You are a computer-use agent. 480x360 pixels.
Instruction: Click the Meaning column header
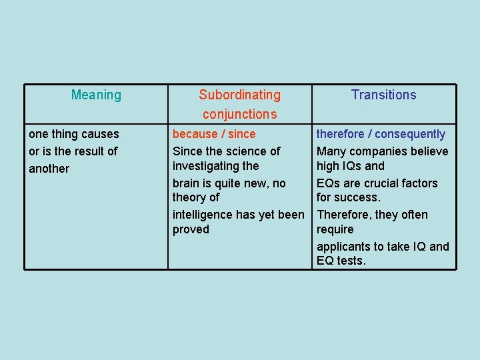(96, 95)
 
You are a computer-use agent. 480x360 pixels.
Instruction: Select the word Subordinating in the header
(240, 95)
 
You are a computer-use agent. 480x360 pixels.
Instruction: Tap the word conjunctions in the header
(240, 115)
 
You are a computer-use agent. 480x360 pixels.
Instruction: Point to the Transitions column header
(384, 95)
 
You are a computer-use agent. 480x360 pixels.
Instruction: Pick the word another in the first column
(49, 169)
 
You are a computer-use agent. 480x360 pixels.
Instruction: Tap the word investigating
(205, 165)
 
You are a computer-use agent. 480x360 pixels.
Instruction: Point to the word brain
(187, 183)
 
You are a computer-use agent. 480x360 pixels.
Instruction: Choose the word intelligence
(204, 215)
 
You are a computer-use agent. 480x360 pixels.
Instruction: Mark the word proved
(191, 229)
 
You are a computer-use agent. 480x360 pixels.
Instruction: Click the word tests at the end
(350, 261)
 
